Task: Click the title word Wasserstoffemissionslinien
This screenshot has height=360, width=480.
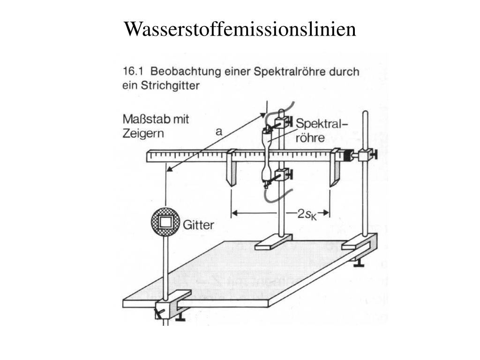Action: pos(240,29)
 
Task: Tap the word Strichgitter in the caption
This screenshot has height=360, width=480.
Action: pos(170,86)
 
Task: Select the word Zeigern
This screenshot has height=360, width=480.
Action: pos(143,134)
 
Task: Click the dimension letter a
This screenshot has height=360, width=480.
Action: pos(218,132)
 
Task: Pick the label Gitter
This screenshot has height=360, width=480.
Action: pos(198,225)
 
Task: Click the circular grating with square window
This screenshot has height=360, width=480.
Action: pos(165,222)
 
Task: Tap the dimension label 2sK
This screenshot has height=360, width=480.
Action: pos(307,214)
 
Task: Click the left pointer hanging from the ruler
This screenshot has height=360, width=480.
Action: pos(231,168)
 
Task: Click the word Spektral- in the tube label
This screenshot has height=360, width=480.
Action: pos(322,124)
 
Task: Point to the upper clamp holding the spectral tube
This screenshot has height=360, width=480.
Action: pos(281,122)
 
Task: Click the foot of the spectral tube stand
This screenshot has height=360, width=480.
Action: pos(273,242)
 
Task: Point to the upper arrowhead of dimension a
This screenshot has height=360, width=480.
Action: pos(262,115)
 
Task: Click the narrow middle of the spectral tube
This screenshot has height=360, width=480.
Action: pos(268,151)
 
